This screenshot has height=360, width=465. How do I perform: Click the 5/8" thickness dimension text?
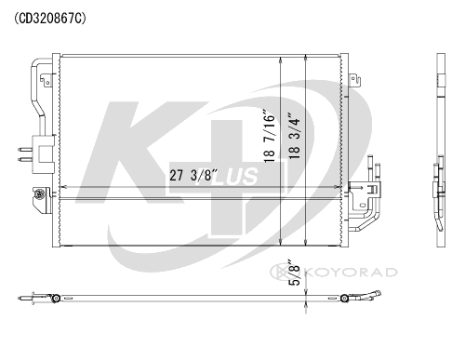pos(294,276)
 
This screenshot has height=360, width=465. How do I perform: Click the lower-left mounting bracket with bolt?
pos(40,197)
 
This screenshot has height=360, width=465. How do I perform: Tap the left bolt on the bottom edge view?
pos(57,299)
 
